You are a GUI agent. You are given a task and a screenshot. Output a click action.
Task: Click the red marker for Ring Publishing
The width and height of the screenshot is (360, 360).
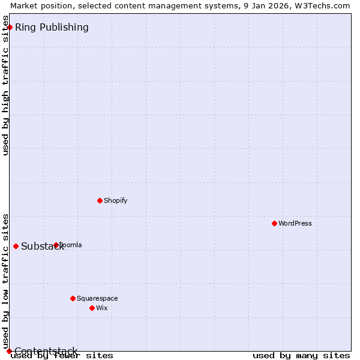pos(10,27)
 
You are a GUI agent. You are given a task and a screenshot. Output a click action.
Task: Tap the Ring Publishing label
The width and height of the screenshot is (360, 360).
pos(52,27)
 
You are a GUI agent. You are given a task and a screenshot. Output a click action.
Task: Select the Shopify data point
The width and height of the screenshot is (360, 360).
pos(100,200)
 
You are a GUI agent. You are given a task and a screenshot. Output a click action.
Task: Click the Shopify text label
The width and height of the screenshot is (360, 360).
pos(115,200)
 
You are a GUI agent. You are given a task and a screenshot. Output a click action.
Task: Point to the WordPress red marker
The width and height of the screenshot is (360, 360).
pos(274,223)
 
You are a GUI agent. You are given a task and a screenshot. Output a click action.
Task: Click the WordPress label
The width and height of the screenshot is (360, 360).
pos(295,223)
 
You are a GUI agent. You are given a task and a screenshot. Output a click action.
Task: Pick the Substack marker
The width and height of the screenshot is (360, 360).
pos(16,246)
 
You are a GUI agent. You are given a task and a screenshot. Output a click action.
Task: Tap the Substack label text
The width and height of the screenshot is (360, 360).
pos(42,247)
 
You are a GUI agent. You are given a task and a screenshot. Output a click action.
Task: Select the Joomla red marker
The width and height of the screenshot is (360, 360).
pos(56,245)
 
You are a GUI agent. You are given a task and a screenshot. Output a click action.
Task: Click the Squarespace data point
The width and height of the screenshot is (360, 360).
pos(73,298)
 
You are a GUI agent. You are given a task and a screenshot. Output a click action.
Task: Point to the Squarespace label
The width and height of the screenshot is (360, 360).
pos(97,298)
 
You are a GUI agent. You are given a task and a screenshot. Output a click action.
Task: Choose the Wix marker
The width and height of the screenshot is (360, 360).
pos(92,308)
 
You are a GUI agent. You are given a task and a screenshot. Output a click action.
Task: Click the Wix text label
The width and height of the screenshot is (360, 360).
pos(101,308)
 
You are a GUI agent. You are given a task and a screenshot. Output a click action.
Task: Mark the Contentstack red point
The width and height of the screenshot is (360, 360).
pos(9,351)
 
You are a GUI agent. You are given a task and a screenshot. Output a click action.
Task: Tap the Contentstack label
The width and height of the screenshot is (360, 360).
pos(46,351)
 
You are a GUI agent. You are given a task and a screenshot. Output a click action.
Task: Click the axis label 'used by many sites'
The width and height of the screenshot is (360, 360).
pos(301,356)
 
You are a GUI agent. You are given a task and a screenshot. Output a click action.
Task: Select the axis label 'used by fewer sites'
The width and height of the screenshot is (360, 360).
pos(62,356)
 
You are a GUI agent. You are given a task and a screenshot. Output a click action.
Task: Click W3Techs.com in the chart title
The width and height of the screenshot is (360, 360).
pos(322,5)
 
